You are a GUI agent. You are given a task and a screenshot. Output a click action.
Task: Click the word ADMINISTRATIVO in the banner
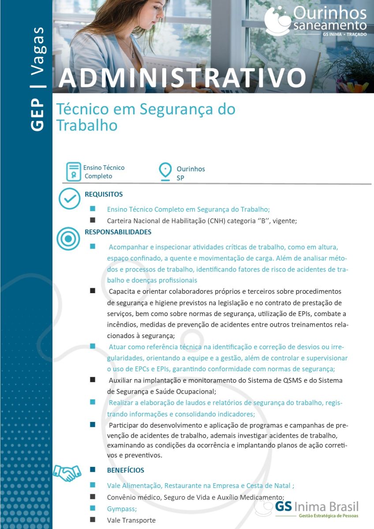(182, 78)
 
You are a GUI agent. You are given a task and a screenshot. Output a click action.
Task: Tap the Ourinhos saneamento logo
(315, 21)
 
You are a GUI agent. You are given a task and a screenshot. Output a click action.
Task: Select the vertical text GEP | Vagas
(38, 78)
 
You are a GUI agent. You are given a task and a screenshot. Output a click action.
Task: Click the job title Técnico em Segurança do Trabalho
(146, 117)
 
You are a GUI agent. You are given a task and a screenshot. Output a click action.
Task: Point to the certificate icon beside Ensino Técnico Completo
(73, 171)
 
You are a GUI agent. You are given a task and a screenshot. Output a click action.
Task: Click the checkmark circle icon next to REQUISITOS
(69, 198)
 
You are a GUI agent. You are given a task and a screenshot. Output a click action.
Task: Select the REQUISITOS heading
(104, 194)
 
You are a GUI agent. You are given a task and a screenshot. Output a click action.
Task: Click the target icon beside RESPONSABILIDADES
(68, 238)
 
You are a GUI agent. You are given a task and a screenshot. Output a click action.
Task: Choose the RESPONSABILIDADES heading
(118, 232)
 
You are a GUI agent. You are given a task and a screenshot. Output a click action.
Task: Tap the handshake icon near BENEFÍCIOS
(67, 473)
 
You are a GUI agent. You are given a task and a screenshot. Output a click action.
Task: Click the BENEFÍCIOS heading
(125, 470)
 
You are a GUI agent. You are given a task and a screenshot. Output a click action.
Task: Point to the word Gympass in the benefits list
(121, 508)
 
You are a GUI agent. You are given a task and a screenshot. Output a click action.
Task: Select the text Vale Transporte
(131, 520)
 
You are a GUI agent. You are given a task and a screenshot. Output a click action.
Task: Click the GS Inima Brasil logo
(315, 509)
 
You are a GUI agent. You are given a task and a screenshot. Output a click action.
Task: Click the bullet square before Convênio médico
(93, 496)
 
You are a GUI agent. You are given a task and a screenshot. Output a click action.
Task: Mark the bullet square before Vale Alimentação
(93, 485)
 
